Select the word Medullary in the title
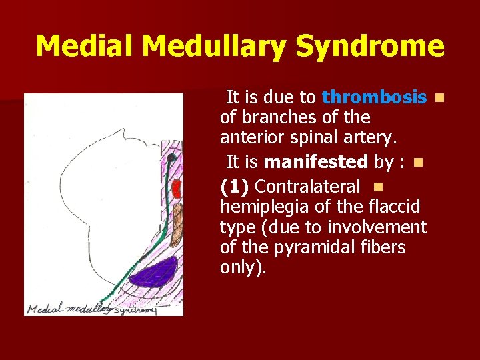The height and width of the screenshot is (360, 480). point(215,47)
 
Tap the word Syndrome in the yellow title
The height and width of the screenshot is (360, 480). point(370,47)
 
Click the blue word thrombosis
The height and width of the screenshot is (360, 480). point(374,98)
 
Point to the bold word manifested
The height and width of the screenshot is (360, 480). point(315,162)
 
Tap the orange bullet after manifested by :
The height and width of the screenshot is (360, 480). point(417,163)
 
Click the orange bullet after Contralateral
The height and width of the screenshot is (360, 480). point(378,185)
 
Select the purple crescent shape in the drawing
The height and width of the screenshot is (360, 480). point(157,272)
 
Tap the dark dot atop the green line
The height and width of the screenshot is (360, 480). point(171,159)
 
